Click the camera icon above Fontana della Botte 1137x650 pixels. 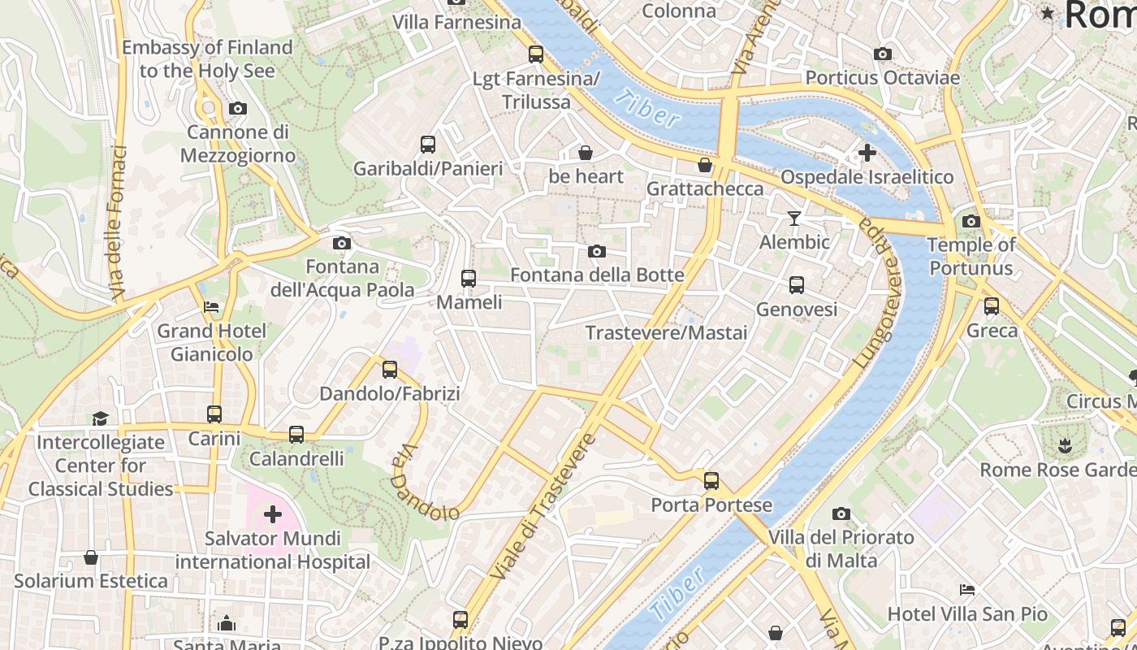tap(597, 252)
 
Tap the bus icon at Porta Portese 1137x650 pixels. tap(711, 481)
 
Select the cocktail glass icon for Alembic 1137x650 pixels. tap(794, 219)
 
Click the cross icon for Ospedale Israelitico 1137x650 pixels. tap(867, 153)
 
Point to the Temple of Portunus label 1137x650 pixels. tap(971, 256)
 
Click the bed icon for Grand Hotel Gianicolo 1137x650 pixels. tap(211, 307)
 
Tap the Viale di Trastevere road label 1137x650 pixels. tap(543, 507)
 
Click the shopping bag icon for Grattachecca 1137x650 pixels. tap(705, 166)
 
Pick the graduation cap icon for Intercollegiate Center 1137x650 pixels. tap(100, 418)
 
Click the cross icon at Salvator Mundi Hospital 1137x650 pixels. tap(273, 514)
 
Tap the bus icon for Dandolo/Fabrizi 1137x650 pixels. tap(390, 370)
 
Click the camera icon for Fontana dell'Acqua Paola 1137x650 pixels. tap(342, 243)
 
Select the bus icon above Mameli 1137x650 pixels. tap(469, 279)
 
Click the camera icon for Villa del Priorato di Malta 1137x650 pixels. tap(841, 513)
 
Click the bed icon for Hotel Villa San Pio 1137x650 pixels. tap(966, 590)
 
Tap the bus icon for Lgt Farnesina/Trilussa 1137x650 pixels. tap(536, 54)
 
